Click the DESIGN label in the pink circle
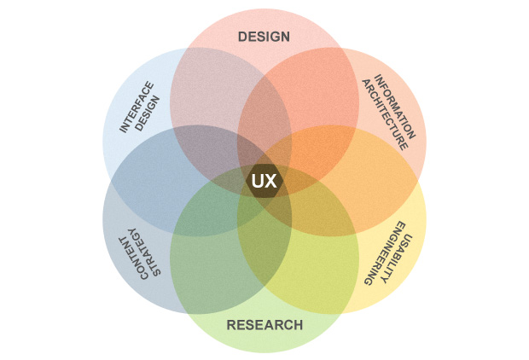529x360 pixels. coord(264,37)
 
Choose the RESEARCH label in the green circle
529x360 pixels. coord(264,325)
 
